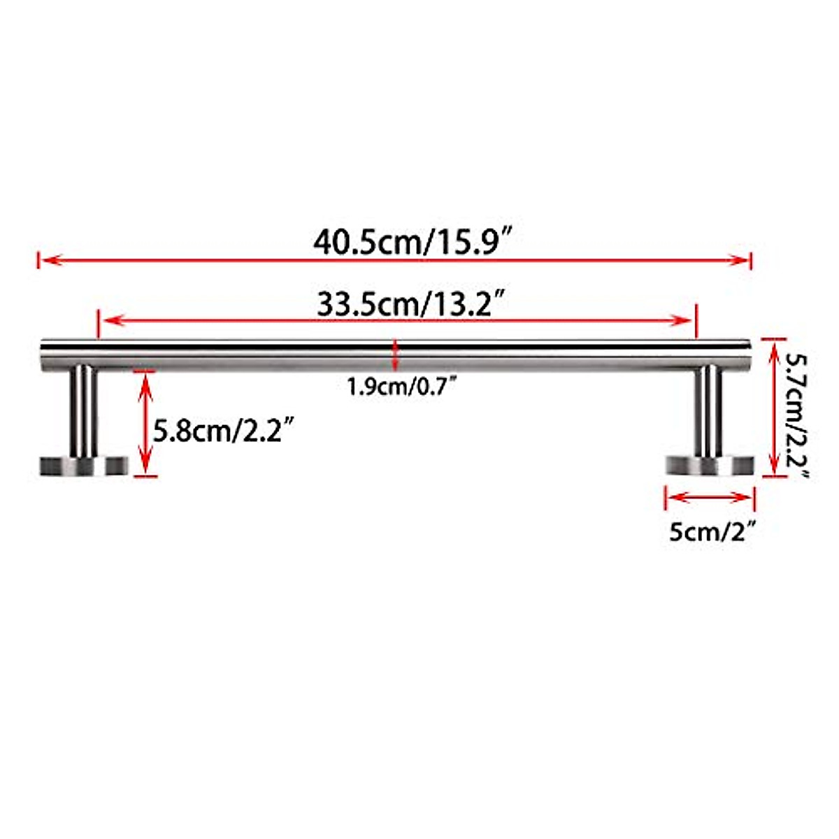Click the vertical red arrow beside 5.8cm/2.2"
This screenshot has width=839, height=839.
coord(145,423)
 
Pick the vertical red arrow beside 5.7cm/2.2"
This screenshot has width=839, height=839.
coord(773,408)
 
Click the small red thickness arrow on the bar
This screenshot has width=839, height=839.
coord(396,355)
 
